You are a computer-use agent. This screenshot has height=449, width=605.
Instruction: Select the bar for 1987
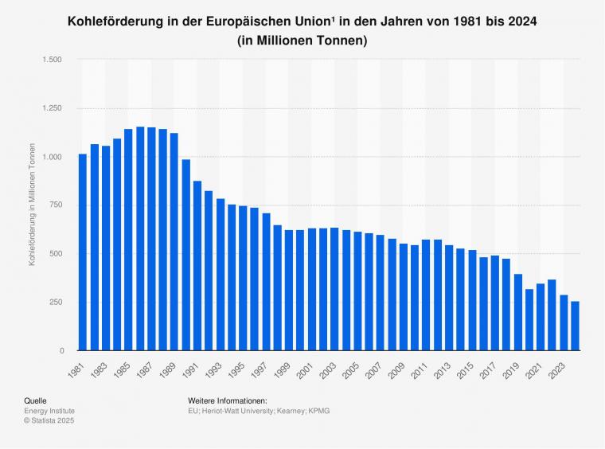[x=151, y=239]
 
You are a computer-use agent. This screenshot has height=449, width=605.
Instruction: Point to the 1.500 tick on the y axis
[x=53, y=60]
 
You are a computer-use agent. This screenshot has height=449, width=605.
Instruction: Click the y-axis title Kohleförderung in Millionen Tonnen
[x=33, y=205]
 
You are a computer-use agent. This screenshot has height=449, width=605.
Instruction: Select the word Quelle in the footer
[x=36, y=400]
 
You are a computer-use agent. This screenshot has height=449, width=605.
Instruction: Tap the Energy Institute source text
[x=49, y=411]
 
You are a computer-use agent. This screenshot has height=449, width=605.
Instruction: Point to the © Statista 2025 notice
[x=50, y=421]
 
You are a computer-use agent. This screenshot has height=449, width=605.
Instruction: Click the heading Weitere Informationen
[x=228, y=400]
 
